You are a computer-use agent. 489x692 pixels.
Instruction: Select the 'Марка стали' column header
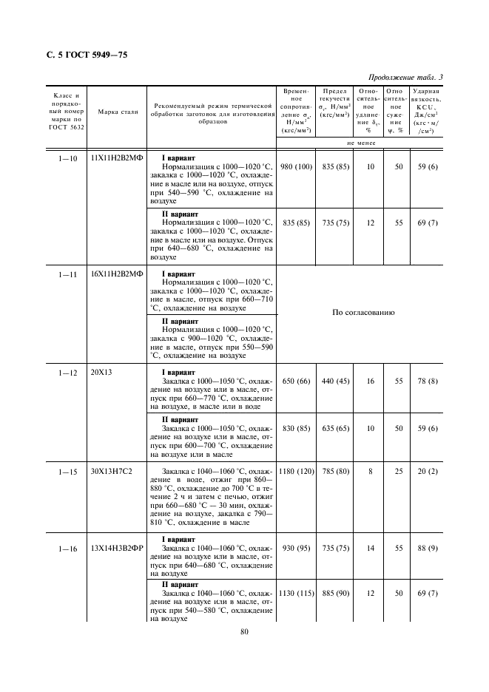(x=113, y=112)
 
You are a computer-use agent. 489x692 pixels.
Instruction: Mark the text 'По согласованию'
(x=363, y=313)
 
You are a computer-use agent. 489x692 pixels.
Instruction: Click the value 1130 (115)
(x=296, y=593)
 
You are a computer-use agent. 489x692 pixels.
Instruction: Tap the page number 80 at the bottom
(x=245, y=631)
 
